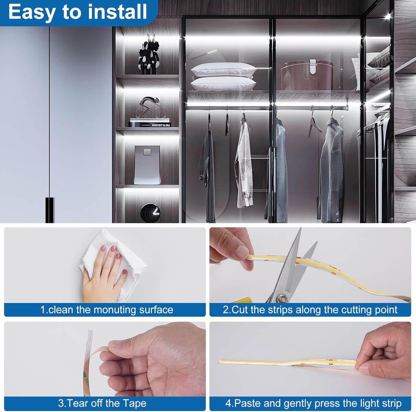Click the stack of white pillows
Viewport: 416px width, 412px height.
pyautogui.click(x=223, y=76)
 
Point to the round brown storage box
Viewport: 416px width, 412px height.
pyautogui.click(x=307, y=75)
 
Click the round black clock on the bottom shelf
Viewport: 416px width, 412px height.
pyautogui.click(x=150, y=213)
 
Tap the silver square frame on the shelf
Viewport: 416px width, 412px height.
pyautogui.click(x=147, y=165)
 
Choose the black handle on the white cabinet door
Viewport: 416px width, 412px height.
pyautogui.click(x=50, y=210)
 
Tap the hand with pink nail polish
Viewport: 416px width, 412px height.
pyautogui.click(x=104, y=276)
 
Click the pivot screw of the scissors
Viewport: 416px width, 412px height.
pyautogui.click(x=282, y=299)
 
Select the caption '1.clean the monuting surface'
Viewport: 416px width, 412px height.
pyautogui.click(x=106, y=310)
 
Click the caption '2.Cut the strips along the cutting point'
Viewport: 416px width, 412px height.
pyautogui.click(x=310, y=310)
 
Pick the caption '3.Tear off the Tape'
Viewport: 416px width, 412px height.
pyautogui.click(x=102, y=403)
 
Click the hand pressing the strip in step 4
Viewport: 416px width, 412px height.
pyautogui.click(x=386, y=349)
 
